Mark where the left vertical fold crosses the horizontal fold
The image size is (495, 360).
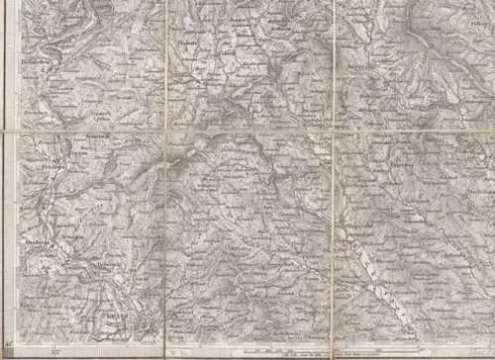pos(165,130)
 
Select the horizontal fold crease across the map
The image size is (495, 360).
pos(247,129)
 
